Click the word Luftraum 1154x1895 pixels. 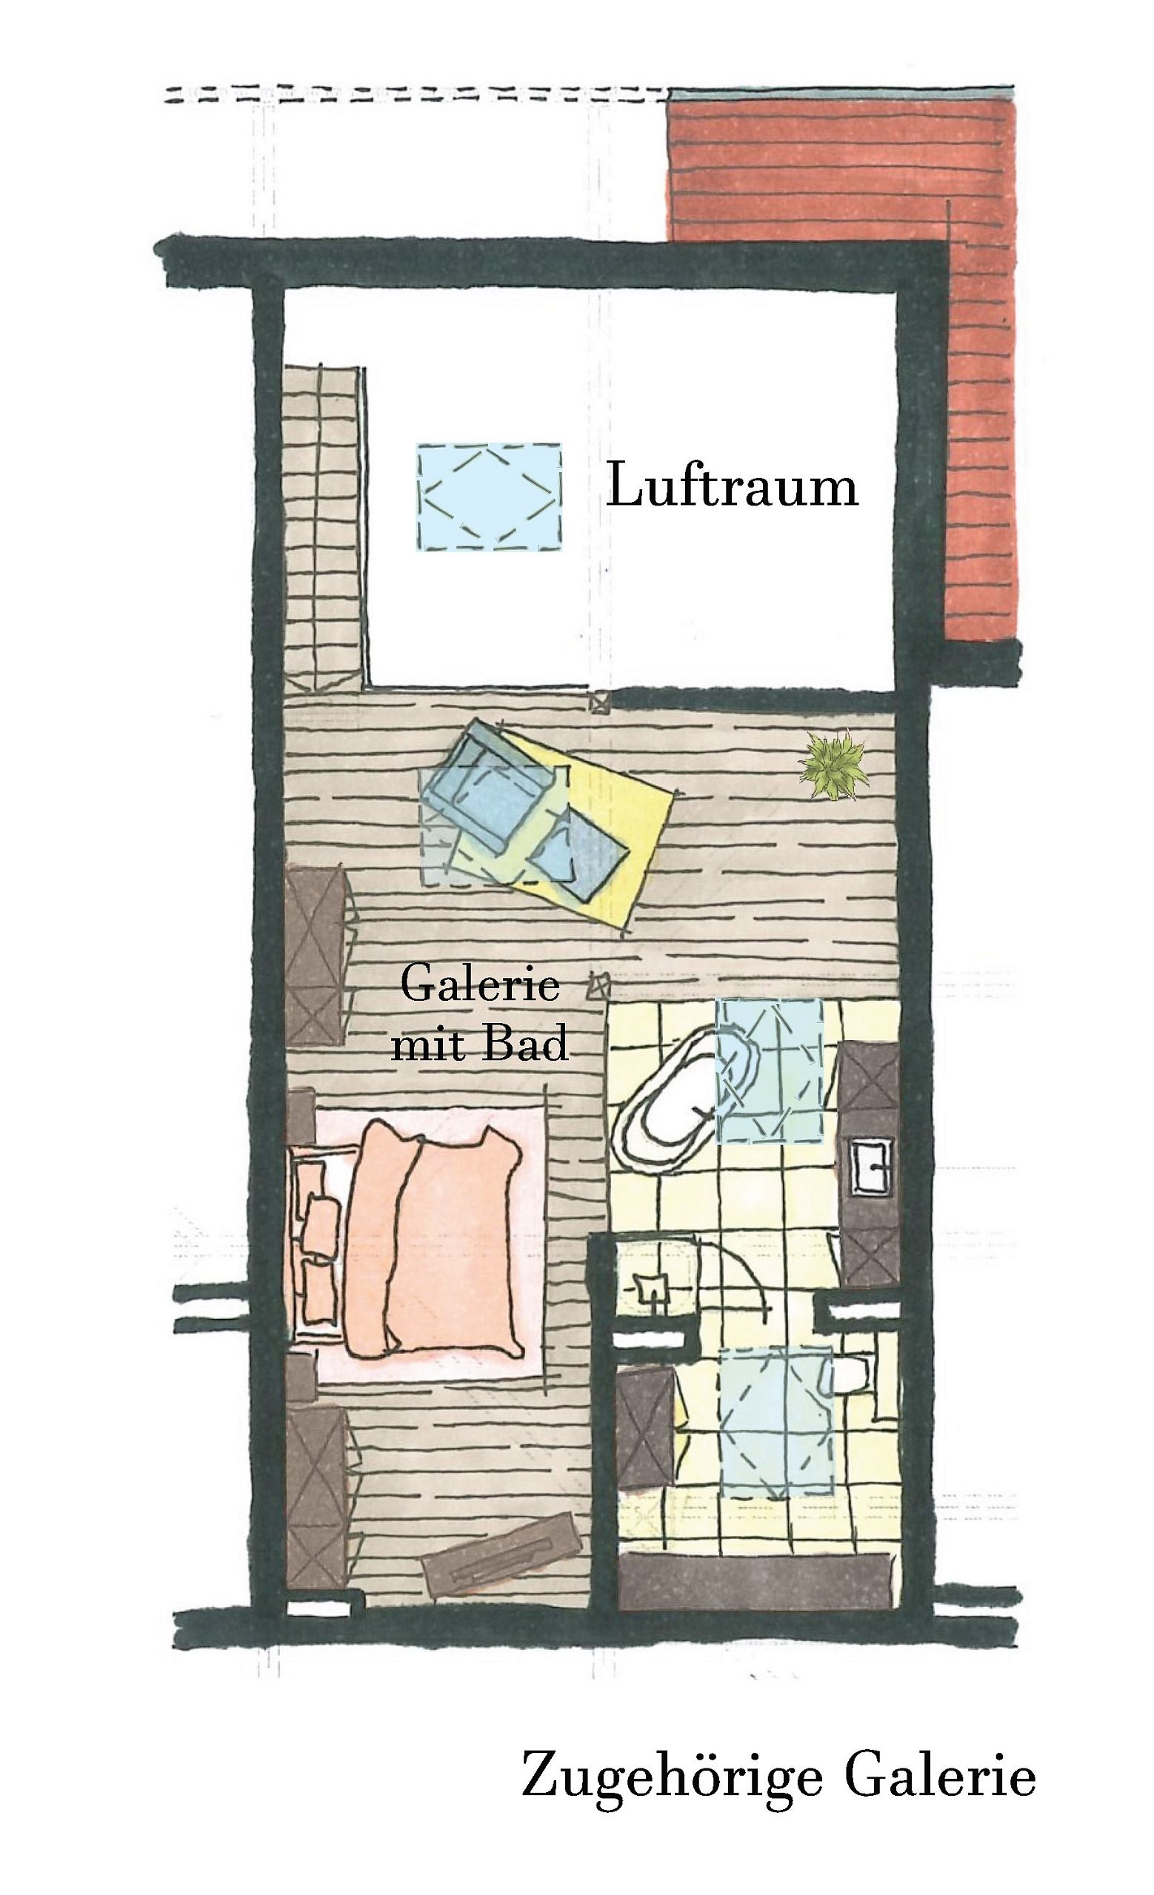tap(732, 486)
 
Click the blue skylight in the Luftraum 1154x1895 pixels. tap(490, 496)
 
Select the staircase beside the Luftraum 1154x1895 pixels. tap(323, 529)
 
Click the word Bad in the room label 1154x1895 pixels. tap(533, 1044)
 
